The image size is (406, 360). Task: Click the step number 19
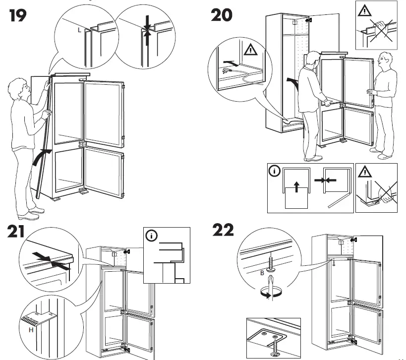pos(19,17)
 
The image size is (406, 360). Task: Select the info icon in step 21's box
pos(150,235)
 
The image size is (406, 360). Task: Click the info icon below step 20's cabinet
pos(274,171)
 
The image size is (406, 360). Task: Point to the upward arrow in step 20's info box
pos(295,187)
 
